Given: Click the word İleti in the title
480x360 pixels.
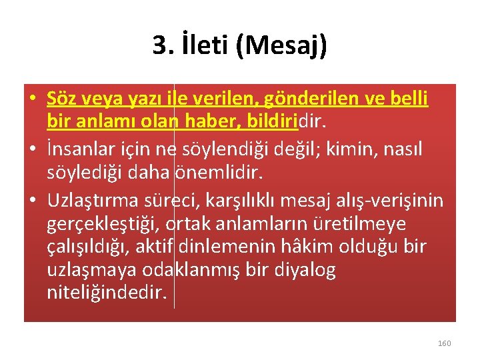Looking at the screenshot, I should pyautogui.click(x=201, y=46).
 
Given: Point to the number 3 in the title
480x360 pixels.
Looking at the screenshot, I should pyautogui.click(x=160, y=46).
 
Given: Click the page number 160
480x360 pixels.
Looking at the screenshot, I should pyautogui.click(x=444, y=343).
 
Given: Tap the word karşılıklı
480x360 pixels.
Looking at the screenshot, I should pyautogui.click(x=249, y=200).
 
